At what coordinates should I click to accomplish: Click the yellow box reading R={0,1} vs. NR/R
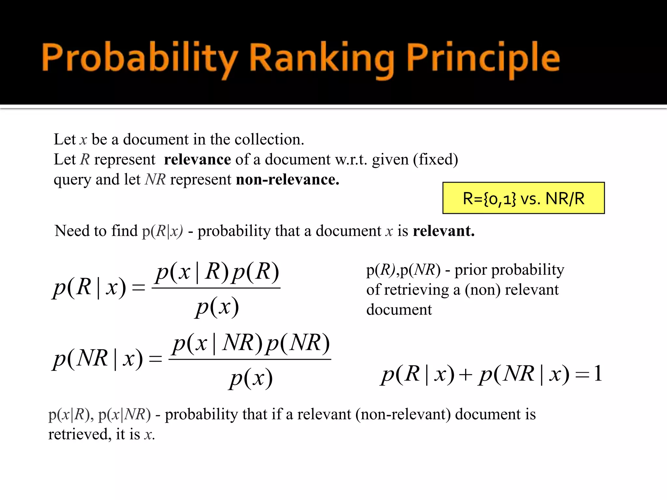coord(523,198)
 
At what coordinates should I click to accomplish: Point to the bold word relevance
coord(197,160)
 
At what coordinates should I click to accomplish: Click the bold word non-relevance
coord(288,179)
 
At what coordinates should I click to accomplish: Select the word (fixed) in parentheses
coord(435,160)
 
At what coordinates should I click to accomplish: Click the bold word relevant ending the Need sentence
coord(444,231)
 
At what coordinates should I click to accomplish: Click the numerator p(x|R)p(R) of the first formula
coord(217,272)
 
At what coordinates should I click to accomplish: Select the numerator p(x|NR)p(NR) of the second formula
coord(251,343)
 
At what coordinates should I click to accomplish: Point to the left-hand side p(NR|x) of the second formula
coord(98,358)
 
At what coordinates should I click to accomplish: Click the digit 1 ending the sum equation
coord(598,373)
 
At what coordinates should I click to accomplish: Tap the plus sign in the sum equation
coord(466,374)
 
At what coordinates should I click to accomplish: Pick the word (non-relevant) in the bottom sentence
coord(403,414)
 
